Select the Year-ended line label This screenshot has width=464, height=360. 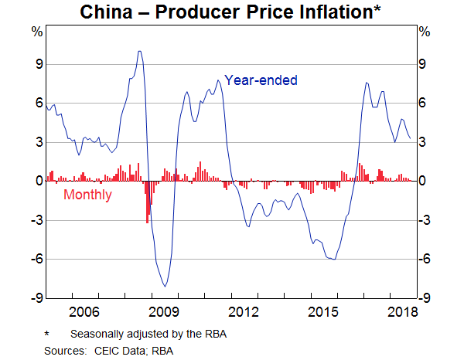pos(261,80)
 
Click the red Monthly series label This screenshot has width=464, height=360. pos(87,195)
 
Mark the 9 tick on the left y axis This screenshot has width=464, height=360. pos(36,65)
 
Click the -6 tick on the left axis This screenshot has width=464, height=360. pos(35,260)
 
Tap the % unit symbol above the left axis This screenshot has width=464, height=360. pos(36,32)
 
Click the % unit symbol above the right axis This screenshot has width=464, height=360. pos(423,32)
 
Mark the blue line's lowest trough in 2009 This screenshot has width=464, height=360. pos(165,287)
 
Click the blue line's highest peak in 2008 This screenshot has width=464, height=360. pos(139,52)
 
